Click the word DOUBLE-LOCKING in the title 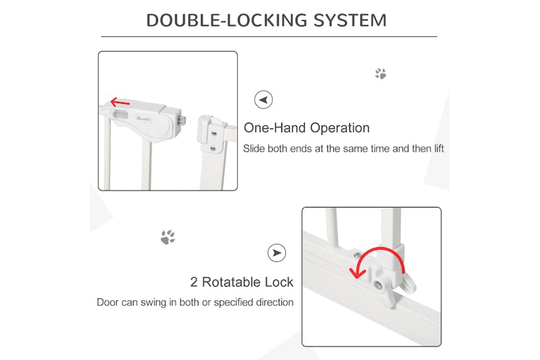227,20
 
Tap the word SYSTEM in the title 350,20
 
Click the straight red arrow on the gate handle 120,102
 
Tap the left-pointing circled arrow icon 263,100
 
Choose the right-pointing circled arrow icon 277,253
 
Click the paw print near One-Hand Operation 381,73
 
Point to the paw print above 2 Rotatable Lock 168,237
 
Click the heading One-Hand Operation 307,128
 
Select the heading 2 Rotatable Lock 242,282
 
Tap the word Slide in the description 254,149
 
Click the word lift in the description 439,149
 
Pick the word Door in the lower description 108,302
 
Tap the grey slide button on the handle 120,115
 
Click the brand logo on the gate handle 144,119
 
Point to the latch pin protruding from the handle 182,121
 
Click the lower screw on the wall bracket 213,149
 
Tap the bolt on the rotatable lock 379,285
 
